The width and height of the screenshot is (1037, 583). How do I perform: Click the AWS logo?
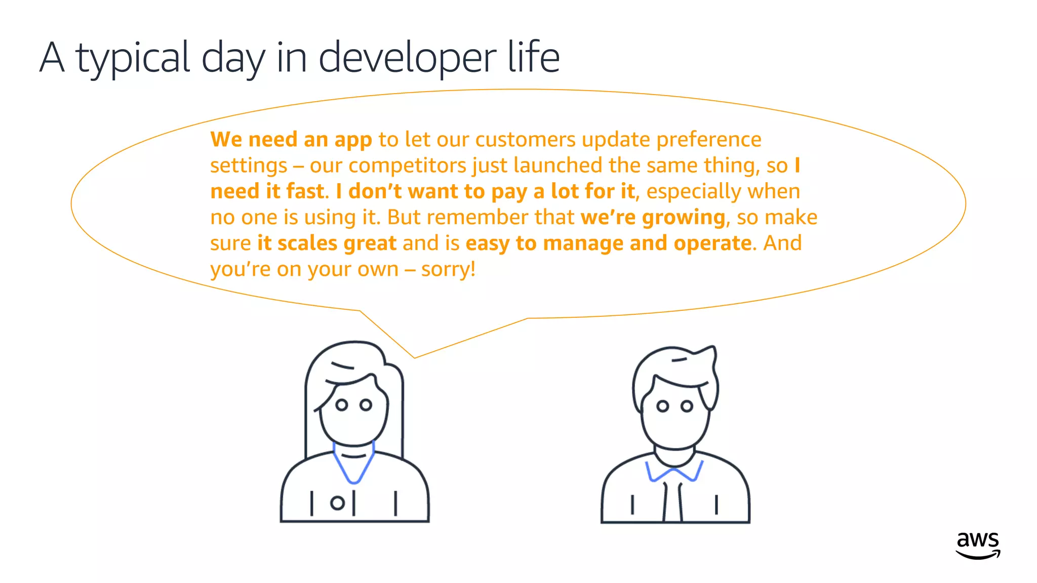[978, 545]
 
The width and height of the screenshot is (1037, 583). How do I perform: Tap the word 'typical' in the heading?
[133, 58]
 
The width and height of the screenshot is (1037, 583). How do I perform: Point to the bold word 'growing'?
[684, 218]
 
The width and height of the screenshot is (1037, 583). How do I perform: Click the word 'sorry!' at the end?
[448, 269]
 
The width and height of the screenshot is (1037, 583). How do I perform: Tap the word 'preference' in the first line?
[708, 140]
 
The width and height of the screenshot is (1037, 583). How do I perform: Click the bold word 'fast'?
[305, 192]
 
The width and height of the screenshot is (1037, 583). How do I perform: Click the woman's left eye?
[342, 405]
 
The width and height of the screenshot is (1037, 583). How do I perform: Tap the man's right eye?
[687, 406]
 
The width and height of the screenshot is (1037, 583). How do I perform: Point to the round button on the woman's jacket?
[337, 503]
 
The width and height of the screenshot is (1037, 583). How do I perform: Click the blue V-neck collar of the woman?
[354, 466]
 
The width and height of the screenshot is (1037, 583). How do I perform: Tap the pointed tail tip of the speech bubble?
[415, 357]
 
